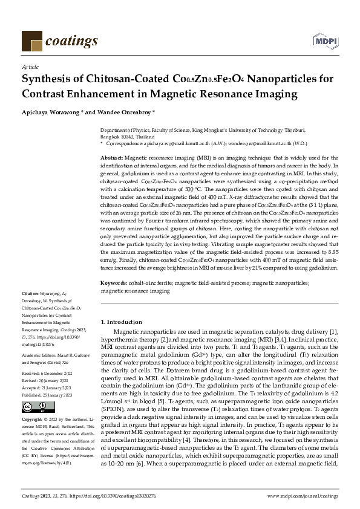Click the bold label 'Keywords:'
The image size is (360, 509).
(x=114, y=283)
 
